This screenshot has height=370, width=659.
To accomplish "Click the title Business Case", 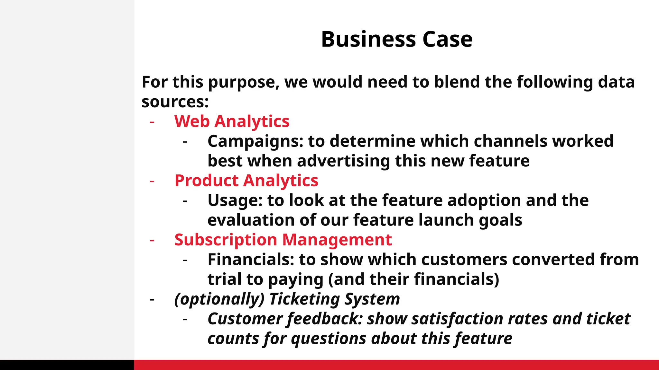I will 396,39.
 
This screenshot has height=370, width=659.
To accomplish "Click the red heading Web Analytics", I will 232,121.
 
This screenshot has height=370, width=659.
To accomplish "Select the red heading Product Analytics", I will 246,181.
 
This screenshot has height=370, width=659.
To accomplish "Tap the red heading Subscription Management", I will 283,240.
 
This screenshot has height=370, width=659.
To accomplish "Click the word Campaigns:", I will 255,141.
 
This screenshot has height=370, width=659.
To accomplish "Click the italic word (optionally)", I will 219,299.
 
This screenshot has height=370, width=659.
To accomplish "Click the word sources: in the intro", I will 175,102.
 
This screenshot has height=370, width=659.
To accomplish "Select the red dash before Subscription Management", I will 152,240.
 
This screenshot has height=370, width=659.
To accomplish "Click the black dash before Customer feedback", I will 185,320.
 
